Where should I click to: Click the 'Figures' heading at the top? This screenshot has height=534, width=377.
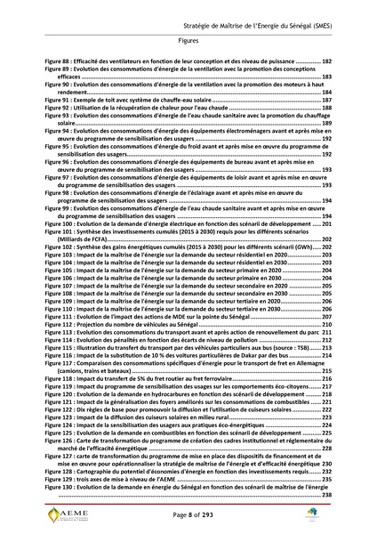(x=188, y=41)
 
